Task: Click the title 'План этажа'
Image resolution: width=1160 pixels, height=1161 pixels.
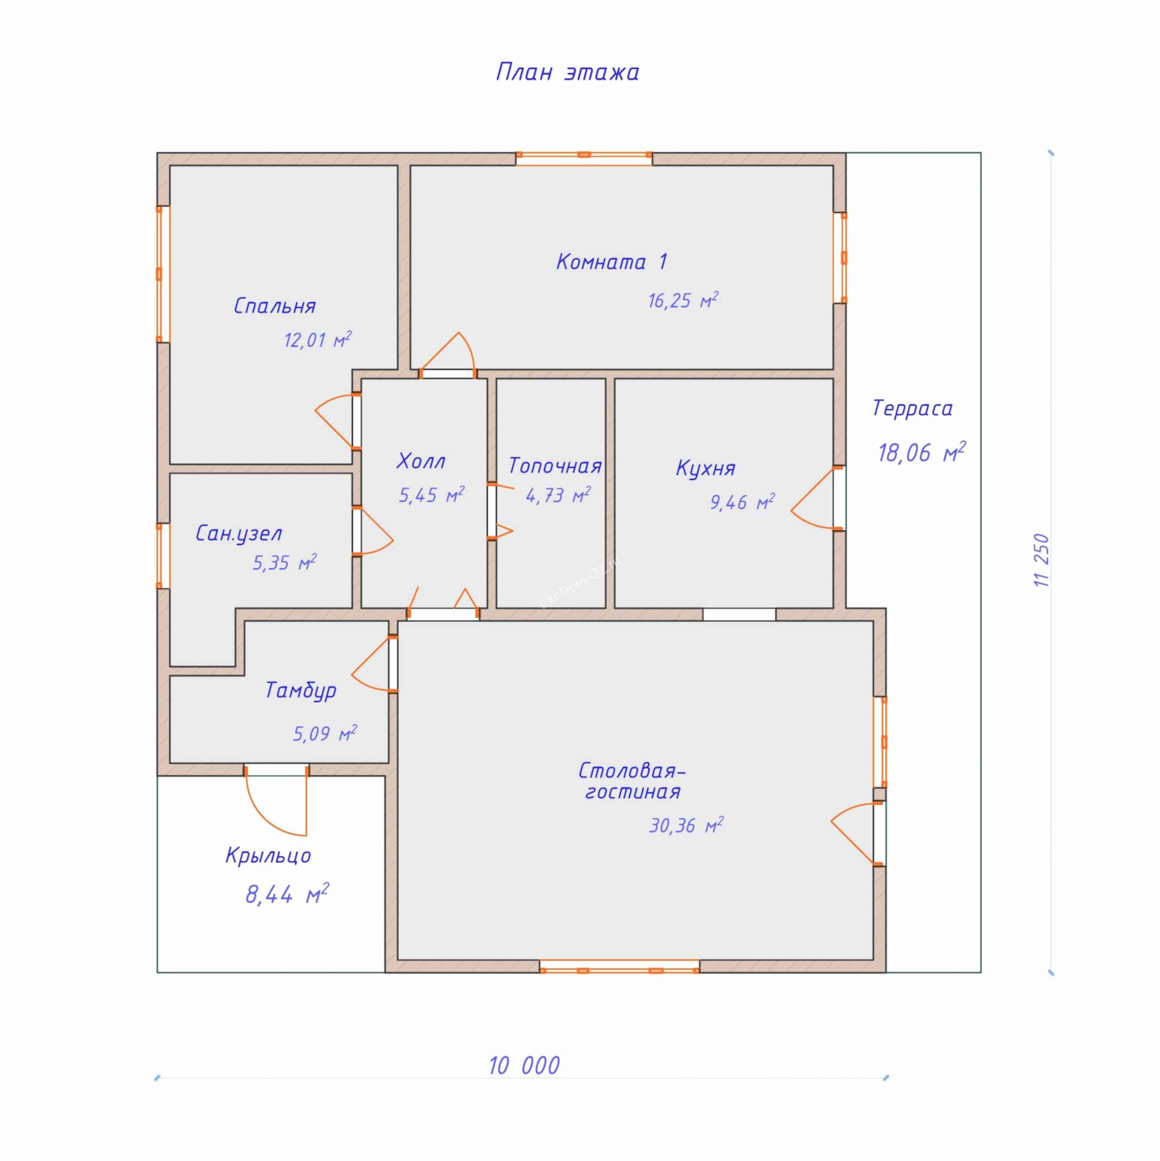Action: [568, 73]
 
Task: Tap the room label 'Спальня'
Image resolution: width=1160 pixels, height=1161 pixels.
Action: [274, 306]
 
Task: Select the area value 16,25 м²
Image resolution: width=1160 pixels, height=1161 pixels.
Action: [683, 300]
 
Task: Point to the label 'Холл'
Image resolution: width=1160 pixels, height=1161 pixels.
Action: [421, 461]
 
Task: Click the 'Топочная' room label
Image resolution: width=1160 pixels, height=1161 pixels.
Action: [554, 466]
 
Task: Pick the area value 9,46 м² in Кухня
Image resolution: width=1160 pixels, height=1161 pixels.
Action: [742, 501]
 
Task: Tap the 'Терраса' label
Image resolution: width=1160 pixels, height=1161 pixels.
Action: [912, 409]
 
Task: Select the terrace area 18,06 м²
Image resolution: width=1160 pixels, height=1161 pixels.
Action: [921, 452]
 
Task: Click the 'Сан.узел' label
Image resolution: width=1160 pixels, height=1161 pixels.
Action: [239, 533]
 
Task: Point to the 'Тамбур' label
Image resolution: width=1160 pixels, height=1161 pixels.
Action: [300, 690]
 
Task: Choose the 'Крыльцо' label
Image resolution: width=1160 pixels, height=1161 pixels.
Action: [268, 855]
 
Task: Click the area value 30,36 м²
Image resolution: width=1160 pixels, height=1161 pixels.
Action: [686, 825]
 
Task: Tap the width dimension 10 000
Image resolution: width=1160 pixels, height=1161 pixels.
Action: [524, 1065]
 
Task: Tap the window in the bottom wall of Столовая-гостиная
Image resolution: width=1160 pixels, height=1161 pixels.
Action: [619, 965]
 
